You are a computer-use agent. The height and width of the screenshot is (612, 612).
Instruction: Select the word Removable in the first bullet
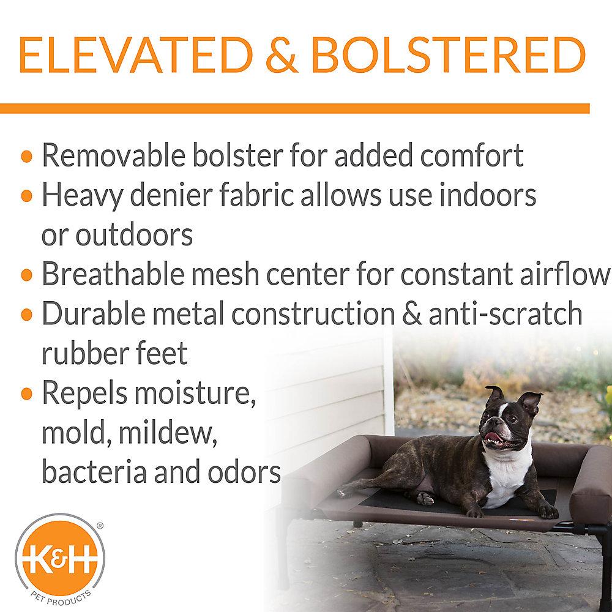tap(114, 155)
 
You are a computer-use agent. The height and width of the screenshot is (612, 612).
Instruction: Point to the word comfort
tap(471, 155)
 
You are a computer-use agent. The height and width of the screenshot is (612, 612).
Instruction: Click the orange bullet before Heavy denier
tap(26, 196)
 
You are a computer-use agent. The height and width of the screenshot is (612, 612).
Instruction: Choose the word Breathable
tap(113, 274)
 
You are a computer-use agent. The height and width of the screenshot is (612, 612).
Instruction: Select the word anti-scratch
tap(506, 313)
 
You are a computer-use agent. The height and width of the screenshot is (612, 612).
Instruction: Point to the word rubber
tap(85, 353)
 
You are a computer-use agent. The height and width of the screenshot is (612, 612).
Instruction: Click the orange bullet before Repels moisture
tap(26, 394)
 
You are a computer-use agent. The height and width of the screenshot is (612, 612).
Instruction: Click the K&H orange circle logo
tap(60, 555)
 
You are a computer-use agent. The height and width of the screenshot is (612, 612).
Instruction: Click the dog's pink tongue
tap(493, 437)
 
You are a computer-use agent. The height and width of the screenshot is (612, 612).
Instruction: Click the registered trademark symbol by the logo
tap(100, 526)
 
